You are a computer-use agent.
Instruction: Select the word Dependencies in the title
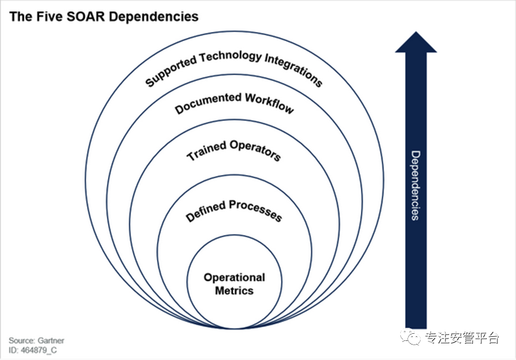[x=153, y=17]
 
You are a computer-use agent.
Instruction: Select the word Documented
[x=208, y=103]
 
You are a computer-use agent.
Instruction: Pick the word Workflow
[x=269, y=103]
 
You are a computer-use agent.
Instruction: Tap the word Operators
[x=255, y=150]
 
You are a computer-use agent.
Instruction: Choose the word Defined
[x=206, y=210]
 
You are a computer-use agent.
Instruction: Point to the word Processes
[x=255, y=210]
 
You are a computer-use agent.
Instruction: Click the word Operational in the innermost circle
[x=234, y=277]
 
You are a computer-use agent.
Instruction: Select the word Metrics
[x=234, y=291]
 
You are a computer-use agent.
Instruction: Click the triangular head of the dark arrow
[x=416, y=42]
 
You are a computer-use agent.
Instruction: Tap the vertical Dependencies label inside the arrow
[x=416, y=185]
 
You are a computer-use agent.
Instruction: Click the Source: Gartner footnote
[x=36, y=340]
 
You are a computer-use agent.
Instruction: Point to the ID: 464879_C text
[x=33, y=350]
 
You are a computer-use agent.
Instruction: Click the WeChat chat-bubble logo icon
[x=410, y=337]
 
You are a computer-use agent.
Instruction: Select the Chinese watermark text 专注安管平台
[x=462, y=338]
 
